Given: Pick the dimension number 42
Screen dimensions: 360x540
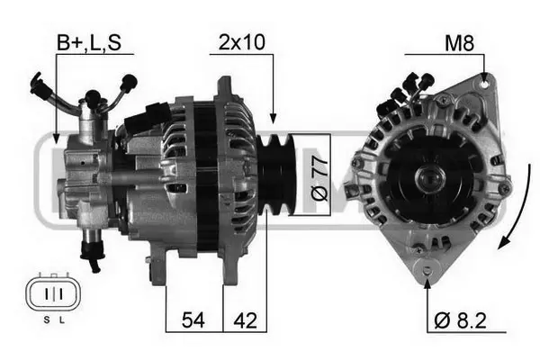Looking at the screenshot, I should (x=245, y=320).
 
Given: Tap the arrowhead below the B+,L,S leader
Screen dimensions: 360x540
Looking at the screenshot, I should (x=57, y=139).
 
